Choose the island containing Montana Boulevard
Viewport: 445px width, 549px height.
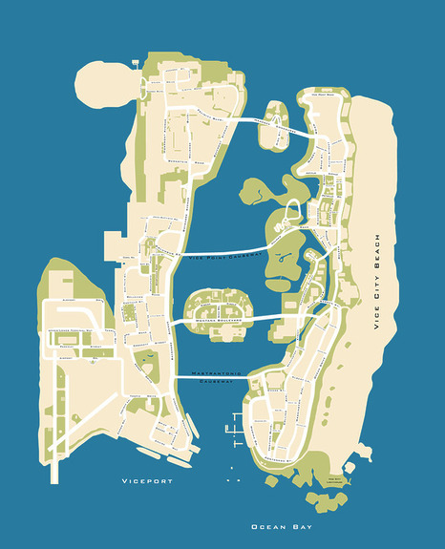(216, 308)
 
